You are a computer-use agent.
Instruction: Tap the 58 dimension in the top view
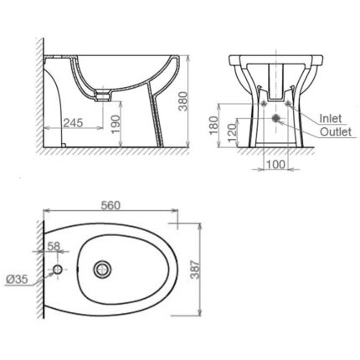pyautogui.click(x=54, y=246)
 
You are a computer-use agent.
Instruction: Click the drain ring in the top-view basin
pyautogui.click(x=103, y=269)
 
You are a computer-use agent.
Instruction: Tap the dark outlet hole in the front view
pyautogui.click(x=274, y=119)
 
